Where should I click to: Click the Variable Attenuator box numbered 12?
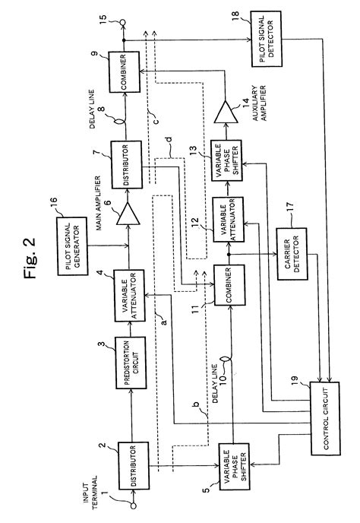point(226,218)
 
